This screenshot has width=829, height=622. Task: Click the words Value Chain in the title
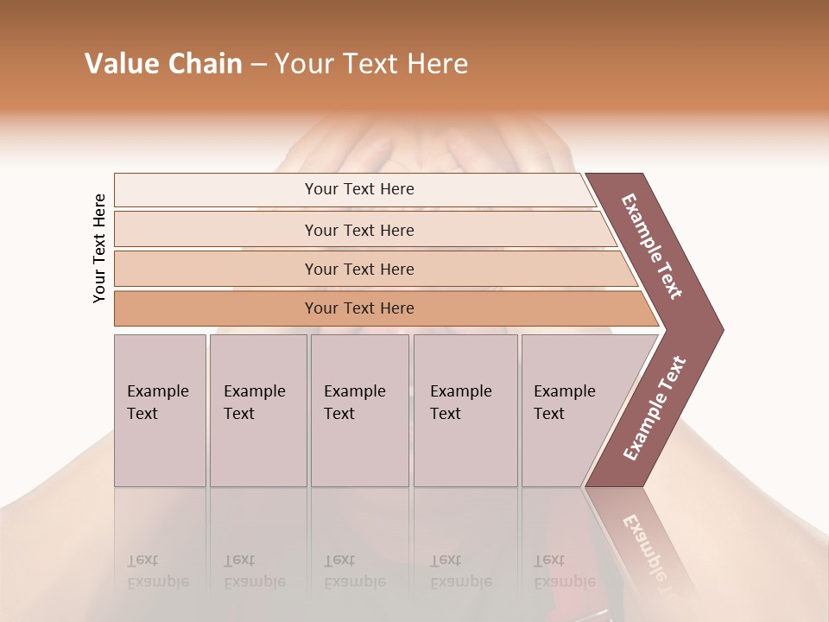click(163, 64)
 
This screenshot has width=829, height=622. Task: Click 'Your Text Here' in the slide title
click(371, 64)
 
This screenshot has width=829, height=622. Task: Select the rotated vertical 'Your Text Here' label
click(99, 248)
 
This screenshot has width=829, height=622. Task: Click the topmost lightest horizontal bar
click(216, 189)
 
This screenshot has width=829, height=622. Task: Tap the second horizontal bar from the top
click(216, 230)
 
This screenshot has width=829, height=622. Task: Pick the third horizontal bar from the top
click(216, 269)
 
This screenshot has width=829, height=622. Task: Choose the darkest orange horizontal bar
click(216, 308)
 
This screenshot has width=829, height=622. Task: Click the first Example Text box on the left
click(160, 410)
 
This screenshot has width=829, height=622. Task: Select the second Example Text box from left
click(258, 410)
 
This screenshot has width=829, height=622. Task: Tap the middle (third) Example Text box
click(359, 410)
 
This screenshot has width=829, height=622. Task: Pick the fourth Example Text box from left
click(465, 410)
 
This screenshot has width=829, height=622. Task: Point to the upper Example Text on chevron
click(652, 246)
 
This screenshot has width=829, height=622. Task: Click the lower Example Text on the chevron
click(655, 408)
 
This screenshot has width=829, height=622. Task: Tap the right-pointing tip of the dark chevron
click(718, 330)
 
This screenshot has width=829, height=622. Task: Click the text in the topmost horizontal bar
click(359, 189)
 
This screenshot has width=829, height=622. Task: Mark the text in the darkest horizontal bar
click(359, 308)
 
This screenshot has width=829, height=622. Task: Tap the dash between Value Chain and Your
click(258, 65)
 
